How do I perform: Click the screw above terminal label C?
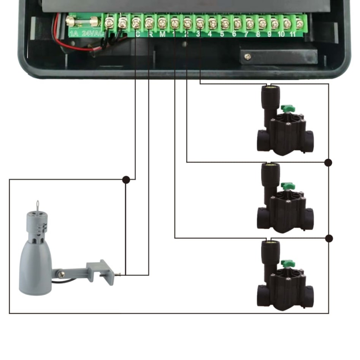(136, 24)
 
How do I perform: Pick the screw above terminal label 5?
(225, 24)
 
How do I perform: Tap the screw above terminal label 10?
(287, 24)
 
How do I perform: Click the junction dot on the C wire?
(126, 179)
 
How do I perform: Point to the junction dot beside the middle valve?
(328, 163)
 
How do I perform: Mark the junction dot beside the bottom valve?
(329, 238)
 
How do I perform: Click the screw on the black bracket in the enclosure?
(248, 57)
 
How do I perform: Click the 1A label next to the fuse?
(74, 33)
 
